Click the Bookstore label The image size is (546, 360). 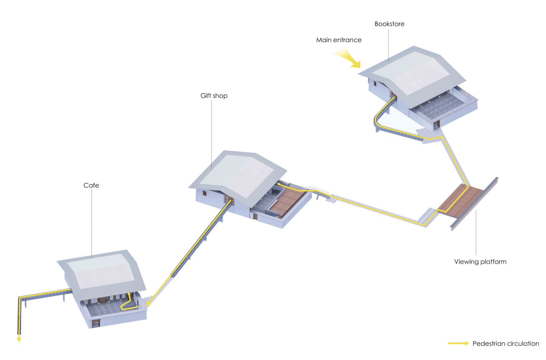[x=389, y=24]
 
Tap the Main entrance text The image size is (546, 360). [x=338, y=40]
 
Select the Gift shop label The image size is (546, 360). [x=214, y=96]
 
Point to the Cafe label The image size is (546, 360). [x=91, y=185]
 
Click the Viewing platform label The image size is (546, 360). [x=480, y=262]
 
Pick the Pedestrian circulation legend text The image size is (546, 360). [x=505, y=343]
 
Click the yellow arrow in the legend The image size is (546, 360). [x=458, y=343]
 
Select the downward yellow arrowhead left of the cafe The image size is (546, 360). [x=19, y=339]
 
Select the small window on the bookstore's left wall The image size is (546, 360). [x=375, y=84]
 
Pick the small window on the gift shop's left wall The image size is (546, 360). [x=205, y=193]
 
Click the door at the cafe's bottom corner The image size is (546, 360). [x=96, y=323]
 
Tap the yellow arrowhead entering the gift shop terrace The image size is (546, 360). [x=279, y=184]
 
